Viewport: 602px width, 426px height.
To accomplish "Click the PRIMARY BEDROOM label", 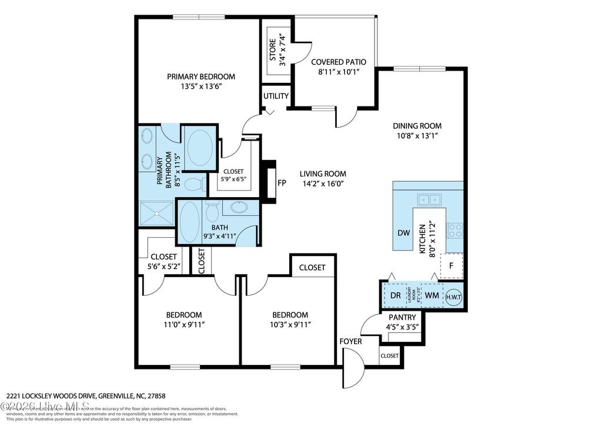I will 201,76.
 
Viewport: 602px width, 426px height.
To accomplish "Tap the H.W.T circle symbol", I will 454,297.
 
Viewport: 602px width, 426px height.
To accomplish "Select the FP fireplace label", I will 282,182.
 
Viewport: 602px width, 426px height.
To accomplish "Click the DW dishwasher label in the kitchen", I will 403,232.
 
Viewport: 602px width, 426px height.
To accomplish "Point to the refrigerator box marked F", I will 451,265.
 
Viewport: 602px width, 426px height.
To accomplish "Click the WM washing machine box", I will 432,295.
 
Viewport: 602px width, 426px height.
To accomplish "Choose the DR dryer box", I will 396,295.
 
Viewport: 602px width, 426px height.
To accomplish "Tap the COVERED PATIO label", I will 339,62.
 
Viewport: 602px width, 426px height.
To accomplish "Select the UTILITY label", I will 276,96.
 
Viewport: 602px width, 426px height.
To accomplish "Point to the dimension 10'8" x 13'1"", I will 417,135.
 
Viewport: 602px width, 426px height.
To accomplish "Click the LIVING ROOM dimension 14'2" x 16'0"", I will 323,184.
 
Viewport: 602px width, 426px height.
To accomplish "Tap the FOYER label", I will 350,341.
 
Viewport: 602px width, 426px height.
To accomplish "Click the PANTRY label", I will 402,317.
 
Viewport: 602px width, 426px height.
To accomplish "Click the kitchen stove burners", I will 455,229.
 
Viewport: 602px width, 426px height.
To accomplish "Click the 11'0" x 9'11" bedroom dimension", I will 183,324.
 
